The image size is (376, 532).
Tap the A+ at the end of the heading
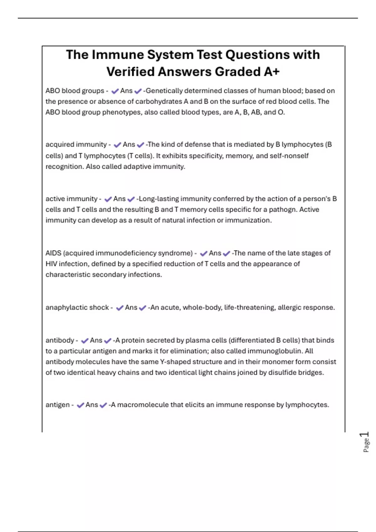(271, 72)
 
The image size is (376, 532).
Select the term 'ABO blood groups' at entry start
(75, 91)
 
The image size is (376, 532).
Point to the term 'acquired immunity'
(76, 145)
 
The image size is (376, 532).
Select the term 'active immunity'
(71, 199)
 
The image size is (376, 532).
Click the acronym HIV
(51, 264)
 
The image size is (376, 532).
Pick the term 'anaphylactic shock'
(77, 307)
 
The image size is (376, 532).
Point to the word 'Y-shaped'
(175, 362)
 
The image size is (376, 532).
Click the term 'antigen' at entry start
(58, 405)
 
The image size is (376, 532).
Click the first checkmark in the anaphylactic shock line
(119, 308)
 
